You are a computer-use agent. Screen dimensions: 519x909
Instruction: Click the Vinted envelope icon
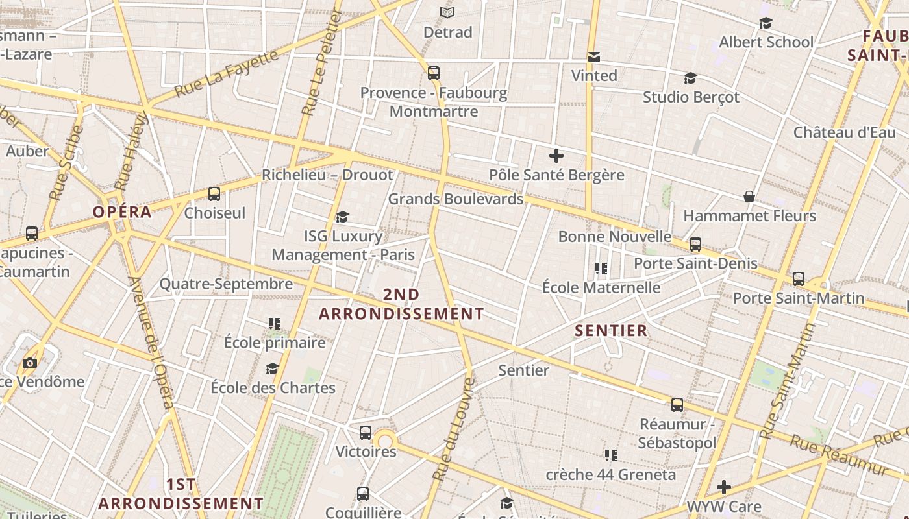pyautogui.click(x=593, y=57)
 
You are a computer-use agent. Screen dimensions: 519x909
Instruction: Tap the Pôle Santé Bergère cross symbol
pyautogui.click(x=556, y=156)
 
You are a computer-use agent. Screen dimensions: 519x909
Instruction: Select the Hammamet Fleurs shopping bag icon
pyautogui.click(x=749, y=196)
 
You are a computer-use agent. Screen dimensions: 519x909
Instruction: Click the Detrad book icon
pyautogui.click(x=447, y=12)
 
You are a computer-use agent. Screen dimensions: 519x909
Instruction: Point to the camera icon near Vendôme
pyautogui.click(x=30, y=363)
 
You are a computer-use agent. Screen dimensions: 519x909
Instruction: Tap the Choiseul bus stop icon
pyautogui.click(x=214, y=193)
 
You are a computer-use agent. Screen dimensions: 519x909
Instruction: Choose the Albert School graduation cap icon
pyautogui.click(x=766, y=23)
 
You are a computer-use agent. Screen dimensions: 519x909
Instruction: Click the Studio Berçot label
pyautogui.click(x=691, y=97)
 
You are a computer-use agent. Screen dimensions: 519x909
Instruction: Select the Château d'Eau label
pyautogui.click(x=844, y=132)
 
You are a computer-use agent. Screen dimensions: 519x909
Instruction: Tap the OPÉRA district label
pyautogui.click(x=122, y=212)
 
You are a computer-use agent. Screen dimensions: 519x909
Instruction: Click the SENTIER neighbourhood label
pyautogui.click(x=611, y=331)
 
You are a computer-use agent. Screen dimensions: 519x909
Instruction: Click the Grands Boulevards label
pyautogui.click(x=456, y=199)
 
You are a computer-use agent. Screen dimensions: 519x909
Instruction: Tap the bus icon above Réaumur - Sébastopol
pyautogui.click(x=677, y=405)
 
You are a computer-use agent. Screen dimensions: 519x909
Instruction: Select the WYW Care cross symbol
pyautogui.click(x=724, y=487)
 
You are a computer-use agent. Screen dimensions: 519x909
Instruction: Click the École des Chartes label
pyautogui.click(x=273, y=388)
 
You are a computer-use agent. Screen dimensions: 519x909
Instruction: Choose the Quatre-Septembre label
pyautogui.click(x=226, y=284)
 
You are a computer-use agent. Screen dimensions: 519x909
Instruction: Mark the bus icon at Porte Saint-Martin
pyautogui.click(x=799, y=279)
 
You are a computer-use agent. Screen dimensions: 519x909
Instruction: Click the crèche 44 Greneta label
pyautogui.click(x=610, y=475)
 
